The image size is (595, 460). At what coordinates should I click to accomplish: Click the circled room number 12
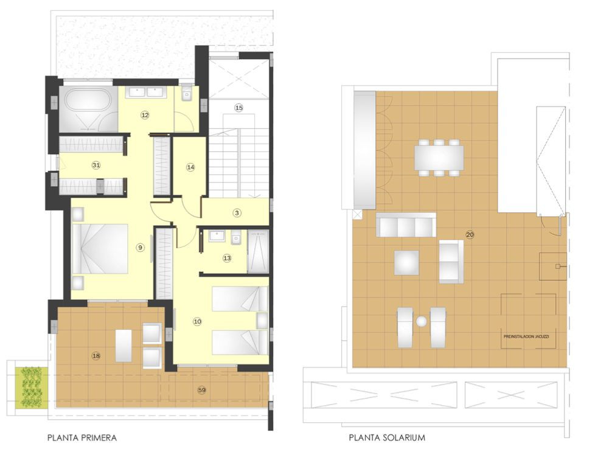pos(145,114)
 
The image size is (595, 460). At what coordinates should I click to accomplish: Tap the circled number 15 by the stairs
pos(238,108)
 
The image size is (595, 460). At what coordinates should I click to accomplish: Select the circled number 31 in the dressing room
pos(96,165)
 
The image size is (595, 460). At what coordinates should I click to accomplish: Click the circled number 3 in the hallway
pos(237,212)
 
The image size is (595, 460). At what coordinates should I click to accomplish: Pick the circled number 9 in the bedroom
pos(140,247)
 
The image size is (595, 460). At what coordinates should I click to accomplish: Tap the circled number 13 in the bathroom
pos(227,258)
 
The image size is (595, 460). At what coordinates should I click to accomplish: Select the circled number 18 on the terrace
pos(96,356)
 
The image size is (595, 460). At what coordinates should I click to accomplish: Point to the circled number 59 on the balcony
pos(202,389)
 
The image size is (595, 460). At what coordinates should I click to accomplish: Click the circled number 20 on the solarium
pos(470,234)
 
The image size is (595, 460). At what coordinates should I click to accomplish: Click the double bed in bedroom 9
pos(100,249)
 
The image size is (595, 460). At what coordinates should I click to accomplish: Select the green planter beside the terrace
pos(32,387)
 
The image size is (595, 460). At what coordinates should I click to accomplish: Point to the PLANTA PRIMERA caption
pos(82,437)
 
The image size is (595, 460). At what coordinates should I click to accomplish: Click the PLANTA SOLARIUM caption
pos(387,437)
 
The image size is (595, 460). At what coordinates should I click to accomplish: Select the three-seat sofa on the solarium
pos(406,225)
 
